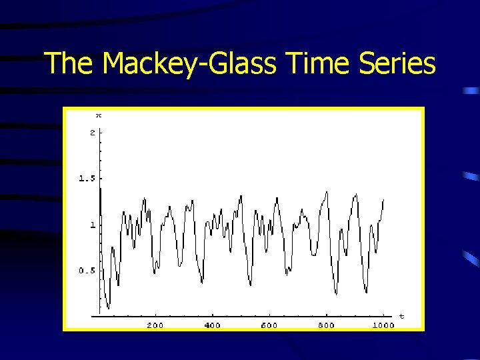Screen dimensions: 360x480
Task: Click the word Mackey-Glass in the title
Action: coord(190,64)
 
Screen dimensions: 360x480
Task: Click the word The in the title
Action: coord(70,64)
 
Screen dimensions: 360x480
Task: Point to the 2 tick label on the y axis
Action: coord(92,133)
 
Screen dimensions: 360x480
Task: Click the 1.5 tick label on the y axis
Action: coord(87,179)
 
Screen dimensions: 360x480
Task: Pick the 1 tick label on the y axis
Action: coord(92,225)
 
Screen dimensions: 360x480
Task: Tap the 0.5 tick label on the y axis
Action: coord(87,271)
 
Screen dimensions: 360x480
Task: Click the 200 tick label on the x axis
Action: coord(155,325)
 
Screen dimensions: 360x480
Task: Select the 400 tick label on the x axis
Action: coord(212,325)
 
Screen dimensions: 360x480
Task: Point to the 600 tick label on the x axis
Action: coord(269,325)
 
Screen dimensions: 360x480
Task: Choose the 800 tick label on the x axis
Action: coord(326,325)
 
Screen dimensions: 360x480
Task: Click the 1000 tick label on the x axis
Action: coord(383,325)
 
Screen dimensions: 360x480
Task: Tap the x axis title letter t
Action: coord(401,315)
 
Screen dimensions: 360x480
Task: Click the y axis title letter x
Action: coord(99,115)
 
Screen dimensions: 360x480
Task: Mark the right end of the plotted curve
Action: coord(383,199)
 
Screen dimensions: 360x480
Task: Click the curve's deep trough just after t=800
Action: coord(336,293)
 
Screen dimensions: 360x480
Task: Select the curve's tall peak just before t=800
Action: coord(326,192)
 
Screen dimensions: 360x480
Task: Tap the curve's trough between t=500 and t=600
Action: coord(251,285)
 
